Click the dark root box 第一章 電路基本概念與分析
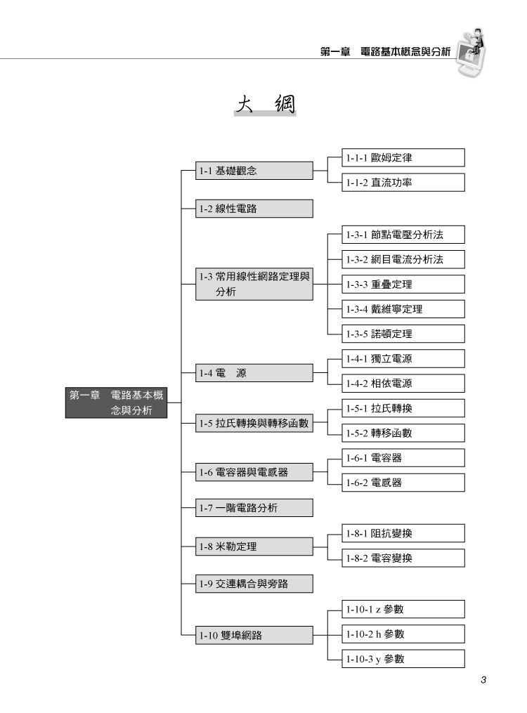pyautogui.click(x=117, y=403)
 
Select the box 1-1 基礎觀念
pyautogui.click(x=254, y=171)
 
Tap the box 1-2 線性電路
pyautogui.click(x=254, y=209)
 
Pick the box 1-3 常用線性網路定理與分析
pyautogui.click(x=254, y=284)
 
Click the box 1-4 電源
pyautogui.click(x=254, y=373)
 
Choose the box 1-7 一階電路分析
pyautogui.click(x=254, y=508)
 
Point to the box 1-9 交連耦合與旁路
pyautogui.click(x=254, y=584)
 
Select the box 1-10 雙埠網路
pyautogui.click(x=254, y=635)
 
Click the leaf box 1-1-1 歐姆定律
pyautogui.click(x=403, y=158)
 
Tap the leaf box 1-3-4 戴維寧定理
pyautogui.click(x=403, y=309)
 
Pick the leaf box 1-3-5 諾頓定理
pyautogui.click(x=403, y=334)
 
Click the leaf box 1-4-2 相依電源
pyautogui.click(x=403, y=384)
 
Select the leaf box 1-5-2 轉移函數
pyautogui.click(x=403, y=433)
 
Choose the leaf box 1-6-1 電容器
pyautogui.click(x=403, y=458)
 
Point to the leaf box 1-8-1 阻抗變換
pyautogui.click(x=403, y=533)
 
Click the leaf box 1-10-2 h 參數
pyautogui.click(x=403, y=634)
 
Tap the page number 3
pyautogui.click(x=483, y=680)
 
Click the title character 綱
pyautogui.click(x=285, y=104)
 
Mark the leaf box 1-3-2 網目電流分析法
pyautogui.click(x=403, y=260)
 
